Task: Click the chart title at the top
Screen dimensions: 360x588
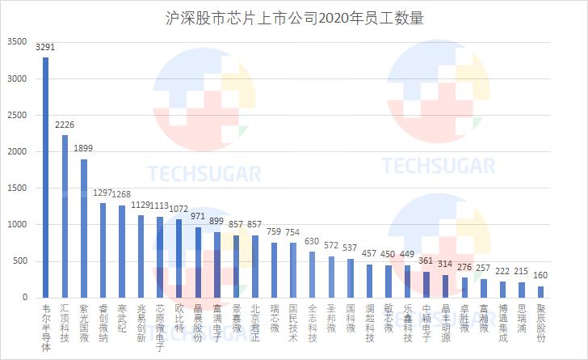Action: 293,18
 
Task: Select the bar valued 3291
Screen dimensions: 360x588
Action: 45,177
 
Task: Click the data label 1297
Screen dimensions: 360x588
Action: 103,193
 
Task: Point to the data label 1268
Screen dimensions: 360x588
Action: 122,195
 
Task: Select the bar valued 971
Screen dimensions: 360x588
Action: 198,262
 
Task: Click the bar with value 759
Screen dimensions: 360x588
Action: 275,270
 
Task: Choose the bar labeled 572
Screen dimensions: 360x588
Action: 331,277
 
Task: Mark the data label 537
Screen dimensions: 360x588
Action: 351,248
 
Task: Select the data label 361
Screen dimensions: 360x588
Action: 426,261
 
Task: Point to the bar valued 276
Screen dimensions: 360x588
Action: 464,287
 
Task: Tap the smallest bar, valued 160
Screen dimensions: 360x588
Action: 541,292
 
